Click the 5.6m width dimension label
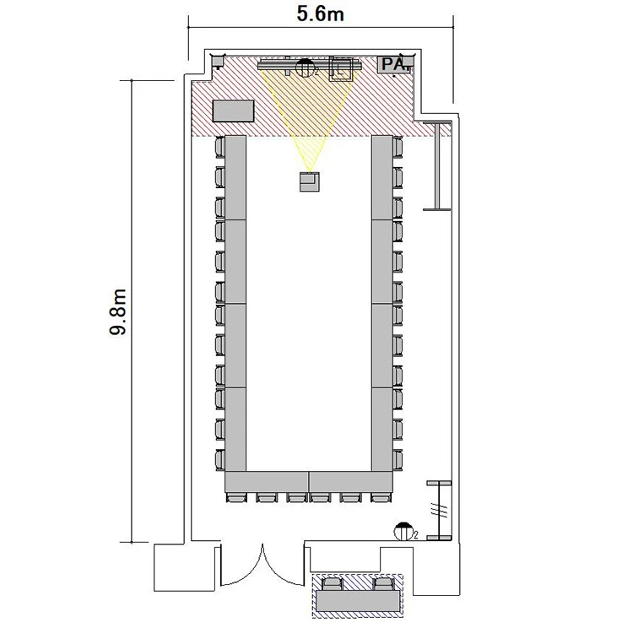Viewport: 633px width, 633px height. coord(320,14)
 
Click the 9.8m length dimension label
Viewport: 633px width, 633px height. coord(118,312)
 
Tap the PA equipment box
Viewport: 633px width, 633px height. coord(395,65)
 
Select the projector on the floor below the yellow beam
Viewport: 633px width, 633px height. coord(310,181)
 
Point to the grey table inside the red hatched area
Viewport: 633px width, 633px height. coord(233,111)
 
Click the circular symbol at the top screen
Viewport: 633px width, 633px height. coord(305,68)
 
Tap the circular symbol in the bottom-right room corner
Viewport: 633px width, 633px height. coord(403,532)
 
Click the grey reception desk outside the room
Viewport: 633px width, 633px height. coord(358,601)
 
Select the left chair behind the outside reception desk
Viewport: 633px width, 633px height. coord(333,584)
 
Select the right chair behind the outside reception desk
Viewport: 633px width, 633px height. coord(383,584)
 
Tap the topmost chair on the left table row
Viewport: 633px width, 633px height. coord(220,148)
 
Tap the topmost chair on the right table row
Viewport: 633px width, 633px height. coord(398,148)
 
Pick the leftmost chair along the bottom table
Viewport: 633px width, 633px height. coord(236,497)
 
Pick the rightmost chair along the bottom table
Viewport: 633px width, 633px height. coord(381,497)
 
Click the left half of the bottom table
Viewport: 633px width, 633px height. coord(267,482)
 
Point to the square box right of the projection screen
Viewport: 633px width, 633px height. coord(341,69)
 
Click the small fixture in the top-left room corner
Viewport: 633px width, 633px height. coord(218,61)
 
